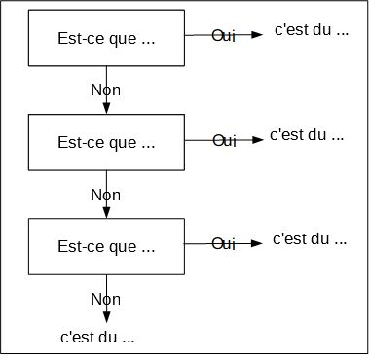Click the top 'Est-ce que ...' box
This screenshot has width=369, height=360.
point(107,39)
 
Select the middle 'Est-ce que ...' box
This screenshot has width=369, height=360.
point(107,142)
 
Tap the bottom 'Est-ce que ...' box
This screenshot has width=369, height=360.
point(107,246)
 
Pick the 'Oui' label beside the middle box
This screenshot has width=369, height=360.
point(224,140)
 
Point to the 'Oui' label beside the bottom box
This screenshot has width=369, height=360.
point(224,243)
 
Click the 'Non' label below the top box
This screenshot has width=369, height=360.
point(104,89)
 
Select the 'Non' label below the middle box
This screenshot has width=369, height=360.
point(104,194)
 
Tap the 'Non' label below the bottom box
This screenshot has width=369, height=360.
point(106,298)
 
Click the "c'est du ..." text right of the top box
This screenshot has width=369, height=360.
point(312,31)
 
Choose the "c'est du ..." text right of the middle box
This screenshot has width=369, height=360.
point(308,135)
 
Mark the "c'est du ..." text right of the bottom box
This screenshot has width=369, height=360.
point(309,238)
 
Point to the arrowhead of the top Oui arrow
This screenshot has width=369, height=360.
point(257,35)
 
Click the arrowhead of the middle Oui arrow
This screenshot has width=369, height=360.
point(257,139)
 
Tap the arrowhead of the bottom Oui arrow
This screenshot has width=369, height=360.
point(257,243)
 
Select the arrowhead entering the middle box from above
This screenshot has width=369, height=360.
point(106,109)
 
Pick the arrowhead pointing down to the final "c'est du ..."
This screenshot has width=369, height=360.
point(106,318)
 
